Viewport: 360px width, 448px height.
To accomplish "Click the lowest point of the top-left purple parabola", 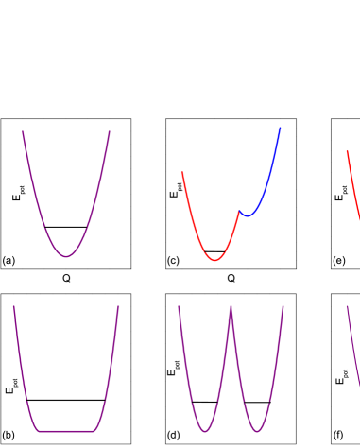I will [x=66, y=256].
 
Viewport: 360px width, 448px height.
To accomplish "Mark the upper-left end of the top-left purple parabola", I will [x=23, y=132].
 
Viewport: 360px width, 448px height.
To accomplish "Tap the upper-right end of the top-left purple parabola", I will [x=110, y=132].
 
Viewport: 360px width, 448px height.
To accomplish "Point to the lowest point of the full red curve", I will [x=215, y=260].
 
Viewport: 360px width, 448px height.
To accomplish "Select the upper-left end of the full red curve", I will [x=182, y=173].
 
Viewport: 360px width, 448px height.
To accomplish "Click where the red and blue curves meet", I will [x=239, y=212].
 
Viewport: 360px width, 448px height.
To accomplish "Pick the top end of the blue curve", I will [x=280, y=128].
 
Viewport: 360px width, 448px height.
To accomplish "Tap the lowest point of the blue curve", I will [x=248, y=215].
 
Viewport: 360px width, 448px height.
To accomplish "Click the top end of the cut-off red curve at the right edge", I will [x=347, y=150].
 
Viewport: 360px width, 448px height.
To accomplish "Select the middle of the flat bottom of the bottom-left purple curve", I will [x=66, y=432].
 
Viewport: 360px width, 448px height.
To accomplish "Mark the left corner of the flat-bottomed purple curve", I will [x=39, y=432].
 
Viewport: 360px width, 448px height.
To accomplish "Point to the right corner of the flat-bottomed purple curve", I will [x=94, y=432].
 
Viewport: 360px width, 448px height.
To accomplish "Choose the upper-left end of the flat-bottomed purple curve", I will [x=14, y=306].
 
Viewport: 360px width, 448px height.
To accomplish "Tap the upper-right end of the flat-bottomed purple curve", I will [x=118, y=306].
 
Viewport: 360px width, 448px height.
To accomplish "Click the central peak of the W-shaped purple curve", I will [x=231, y=307].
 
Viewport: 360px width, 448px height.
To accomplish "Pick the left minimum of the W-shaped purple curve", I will [x=205, y=432].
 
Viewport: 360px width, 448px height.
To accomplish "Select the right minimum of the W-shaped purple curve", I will [x=257, y=432].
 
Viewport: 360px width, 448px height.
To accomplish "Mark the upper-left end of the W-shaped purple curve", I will [x=179, y=306].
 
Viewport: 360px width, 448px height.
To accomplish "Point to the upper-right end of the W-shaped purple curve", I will [x=283, y=306].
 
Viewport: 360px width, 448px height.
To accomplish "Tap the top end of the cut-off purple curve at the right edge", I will [x=347, y=306].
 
